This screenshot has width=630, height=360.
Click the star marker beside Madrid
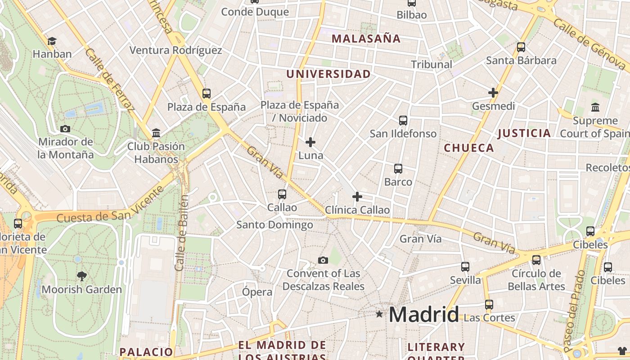[379, 314]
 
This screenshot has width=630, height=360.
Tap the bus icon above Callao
[282, 194]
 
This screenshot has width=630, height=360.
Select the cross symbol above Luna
[310, 143]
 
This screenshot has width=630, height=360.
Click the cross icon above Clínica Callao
[357, 197]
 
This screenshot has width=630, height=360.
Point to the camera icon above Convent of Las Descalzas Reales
[323, 260]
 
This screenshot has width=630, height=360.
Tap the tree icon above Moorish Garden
[81, 276]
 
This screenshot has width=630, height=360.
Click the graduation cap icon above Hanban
[52, 41]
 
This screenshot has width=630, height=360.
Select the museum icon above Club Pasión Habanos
[156, 133]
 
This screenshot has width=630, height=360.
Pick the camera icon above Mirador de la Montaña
[65, 129]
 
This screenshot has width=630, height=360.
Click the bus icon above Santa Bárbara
[521, 47]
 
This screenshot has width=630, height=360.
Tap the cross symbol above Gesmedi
[493, 93]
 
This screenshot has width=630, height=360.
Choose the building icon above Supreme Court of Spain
[595, 107]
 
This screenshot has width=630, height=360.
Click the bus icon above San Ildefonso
[403, 120]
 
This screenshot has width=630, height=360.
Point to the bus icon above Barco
[398, 169]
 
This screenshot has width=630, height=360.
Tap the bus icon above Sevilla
[465, 267]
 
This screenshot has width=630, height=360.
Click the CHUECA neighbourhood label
[469, 148]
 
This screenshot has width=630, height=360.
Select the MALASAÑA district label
[366, 39]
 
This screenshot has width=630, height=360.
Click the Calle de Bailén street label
[181, 233]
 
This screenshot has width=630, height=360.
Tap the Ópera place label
[257, 292]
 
